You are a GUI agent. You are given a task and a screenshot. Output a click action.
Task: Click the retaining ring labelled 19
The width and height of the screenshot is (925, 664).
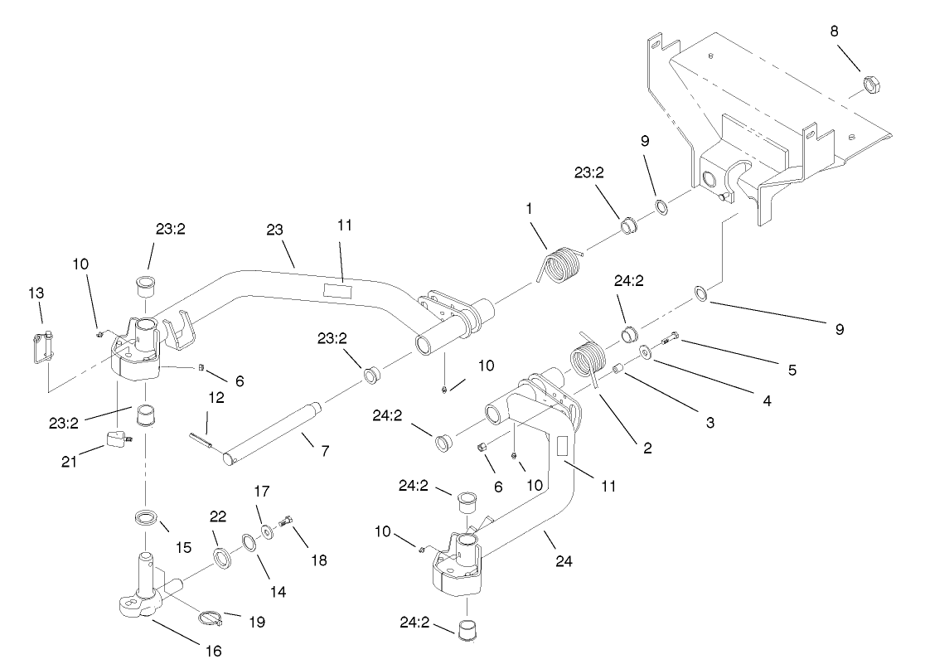[212, 617]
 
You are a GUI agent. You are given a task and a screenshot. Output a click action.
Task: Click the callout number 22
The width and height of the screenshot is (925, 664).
[217, 516]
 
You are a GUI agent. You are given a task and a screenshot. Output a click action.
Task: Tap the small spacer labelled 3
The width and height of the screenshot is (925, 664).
[617, 367]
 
